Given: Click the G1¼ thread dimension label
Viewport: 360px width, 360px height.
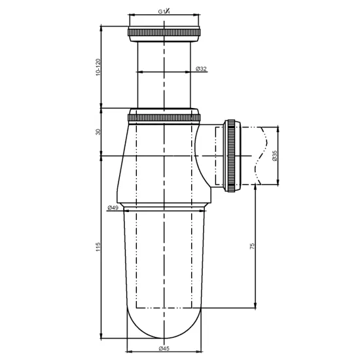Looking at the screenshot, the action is [x=164, y=11].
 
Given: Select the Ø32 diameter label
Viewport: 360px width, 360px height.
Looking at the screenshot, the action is [x=201, y=69].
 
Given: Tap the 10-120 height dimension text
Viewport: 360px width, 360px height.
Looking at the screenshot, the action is [x=98, y=67].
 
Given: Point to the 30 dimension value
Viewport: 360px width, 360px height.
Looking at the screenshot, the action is [x=98, y=132].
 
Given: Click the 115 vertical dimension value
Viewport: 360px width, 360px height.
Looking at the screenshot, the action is [x=98, y=247].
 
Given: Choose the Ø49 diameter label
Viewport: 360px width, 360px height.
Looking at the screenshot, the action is [x=113, y=207].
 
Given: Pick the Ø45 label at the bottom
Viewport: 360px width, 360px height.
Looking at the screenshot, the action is [x=164, y=348].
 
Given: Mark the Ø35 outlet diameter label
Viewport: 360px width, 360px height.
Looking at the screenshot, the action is [x=275, y=156].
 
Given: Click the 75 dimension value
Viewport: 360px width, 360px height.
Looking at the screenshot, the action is [x=252, y=246].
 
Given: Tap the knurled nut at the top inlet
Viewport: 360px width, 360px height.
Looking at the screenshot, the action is [x=164, y=32].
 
